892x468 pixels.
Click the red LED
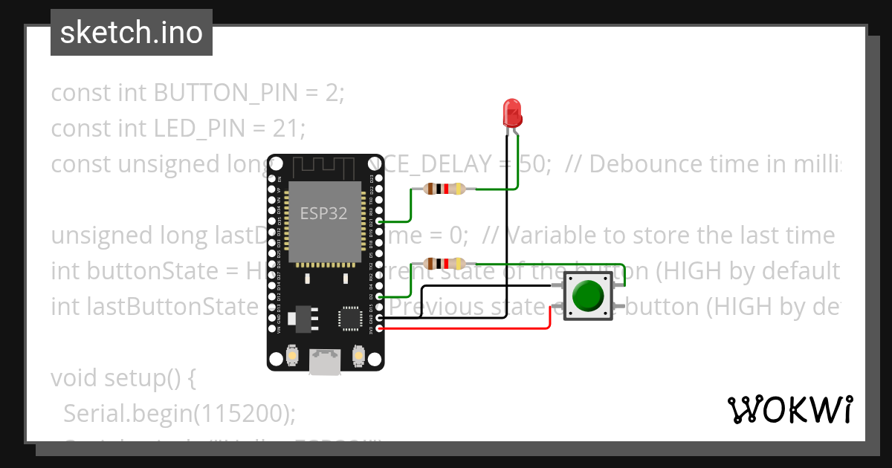point(512,112)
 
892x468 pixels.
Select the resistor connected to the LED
point(444,189)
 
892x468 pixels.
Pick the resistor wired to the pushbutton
point(444,263)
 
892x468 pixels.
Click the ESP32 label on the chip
point(323,214)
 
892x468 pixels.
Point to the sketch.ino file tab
point(131,33)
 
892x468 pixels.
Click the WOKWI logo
point(789,410)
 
